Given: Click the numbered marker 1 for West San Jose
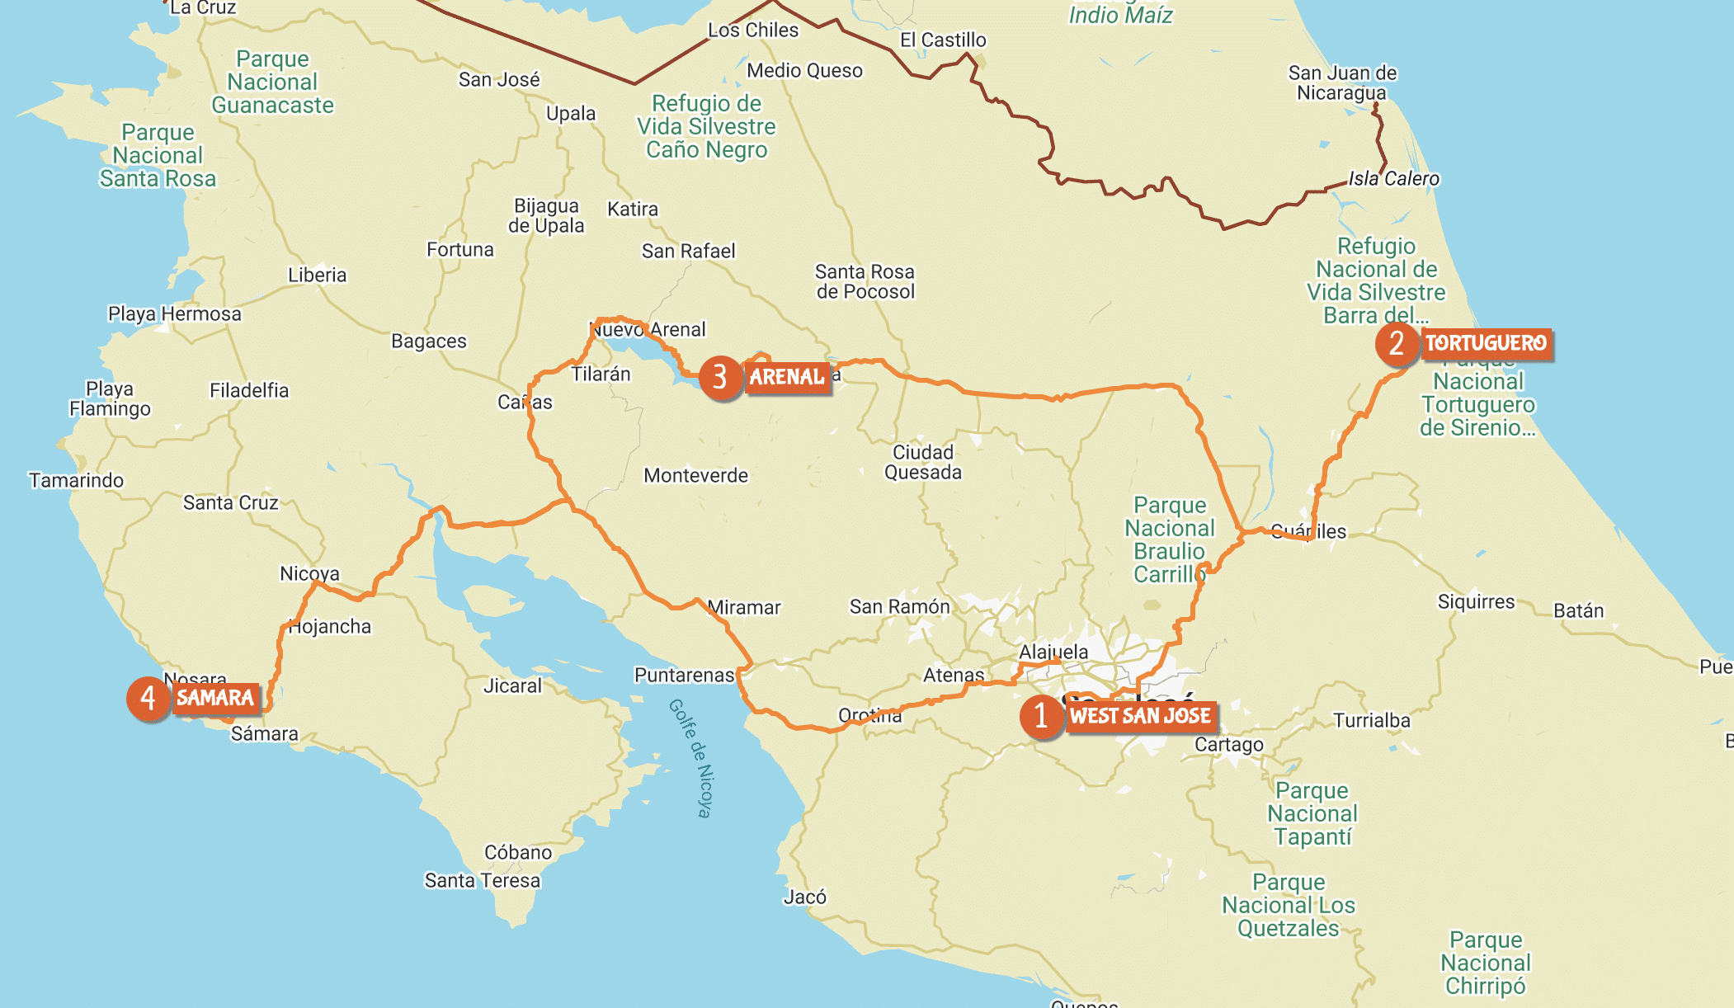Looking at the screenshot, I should [1041, 716].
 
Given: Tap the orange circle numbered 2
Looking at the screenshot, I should [1397, 343].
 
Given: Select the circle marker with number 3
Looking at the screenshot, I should [720, 377].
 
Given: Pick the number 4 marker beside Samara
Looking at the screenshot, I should [148, 699].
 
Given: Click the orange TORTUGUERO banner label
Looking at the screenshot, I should [1486, 343].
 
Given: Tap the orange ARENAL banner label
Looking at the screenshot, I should [787, 377].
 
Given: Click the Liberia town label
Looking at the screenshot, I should [317, 276].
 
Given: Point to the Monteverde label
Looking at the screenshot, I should [695, 476].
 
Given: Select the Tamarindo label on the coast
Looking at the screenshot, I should [76, 480].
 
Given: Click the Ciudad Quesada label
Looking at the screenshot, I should [923, 463].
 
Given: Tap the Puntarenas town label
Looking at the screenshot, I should [684, 676].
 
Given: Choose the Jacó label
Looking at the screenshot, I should [804, 897].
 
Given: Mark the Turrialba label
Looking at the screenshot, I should [1371, 721].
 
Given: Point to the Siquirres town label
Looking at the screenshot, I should [1476, 602].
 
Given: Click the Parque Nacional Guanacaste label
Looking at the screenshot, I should [272, 82].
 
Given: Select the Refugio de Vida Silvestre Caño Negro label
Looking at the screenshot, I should [706, 127].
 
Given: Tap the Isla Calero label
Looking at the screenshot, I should [1393, 179].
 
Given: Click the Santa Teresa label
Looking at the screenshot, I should [482, 881].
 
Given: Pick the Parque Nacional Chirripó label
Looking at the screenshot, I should [1485, 963].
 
